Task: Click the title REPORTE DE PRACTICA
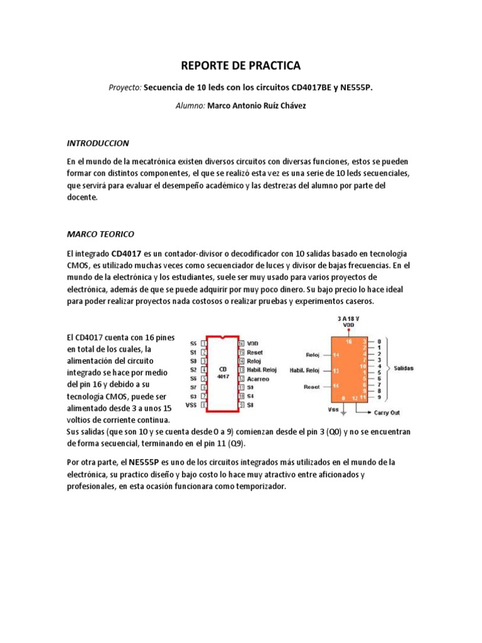click(241, 65)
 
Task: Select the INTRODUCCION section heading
click(97, 143)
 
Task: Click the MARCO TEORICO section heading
click(100, 234)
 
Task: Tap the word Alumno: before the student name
click(190, 106)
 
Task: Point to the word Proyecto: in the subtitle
click(126, 88)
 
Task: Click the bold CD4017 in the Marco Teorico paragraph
click(126, 252)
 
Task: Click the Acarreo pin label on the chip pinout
click(259, 379)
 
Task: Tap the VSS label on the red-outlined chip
click(191, 405)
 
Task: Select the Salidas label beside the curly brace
click(404, 368)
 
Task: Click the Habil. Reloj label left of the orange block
click(304, 370)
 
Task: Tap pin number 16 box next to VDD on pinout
click(240, 343)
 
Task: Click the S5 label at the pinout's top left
click(193, 343)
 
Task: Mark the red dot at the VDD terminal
click(350, 331)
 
